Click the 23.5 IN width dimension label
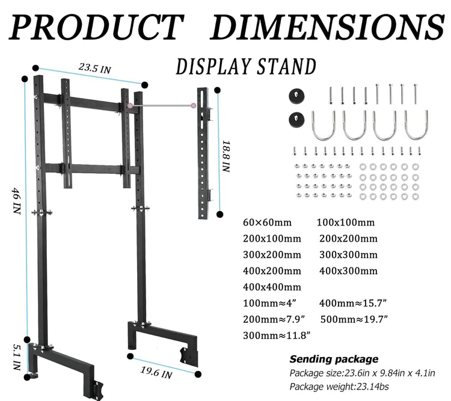(x=94, y=69)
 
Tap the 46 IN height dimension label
(x=16, y=200)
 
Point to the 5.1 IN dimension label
(x=17, y=357)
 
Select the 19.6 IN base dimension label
(x=156, y=372)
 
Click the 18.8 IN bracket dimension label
(x=226, y=156)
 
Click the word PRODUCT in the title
(x=96, y=26)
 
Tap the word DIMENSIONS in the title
(x=328, y=26)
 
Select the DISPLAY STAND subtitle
(x=246, y=67)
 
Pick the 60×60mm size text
(x=267, y=222)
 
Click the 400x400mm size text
(x=272, y=287)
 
